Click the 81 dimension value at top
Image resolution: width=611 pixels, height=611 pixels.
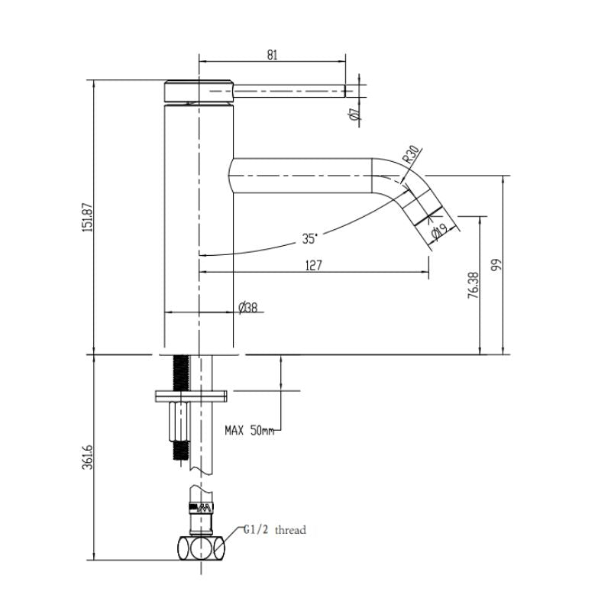(x=273, y=54)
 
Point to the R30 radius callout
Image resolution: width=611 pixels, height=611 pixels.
(x=410, y=157)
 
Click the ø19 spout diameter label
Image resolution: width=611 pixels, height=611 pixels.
(x=439, y=232)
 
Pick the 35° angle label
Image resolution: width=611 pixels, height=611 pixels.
(x=309, y=238)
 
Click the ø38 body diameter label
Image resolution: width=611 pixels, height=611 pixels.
(x=248, y=307)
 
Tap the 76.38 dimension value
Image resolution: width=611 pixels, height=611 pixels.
(x=472, y=286)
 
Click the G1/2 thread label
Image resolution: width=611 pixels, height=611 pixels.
(x=275, y=529)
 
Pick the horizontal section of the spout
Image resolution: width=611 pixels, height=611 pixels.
(x=305, y=176)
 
